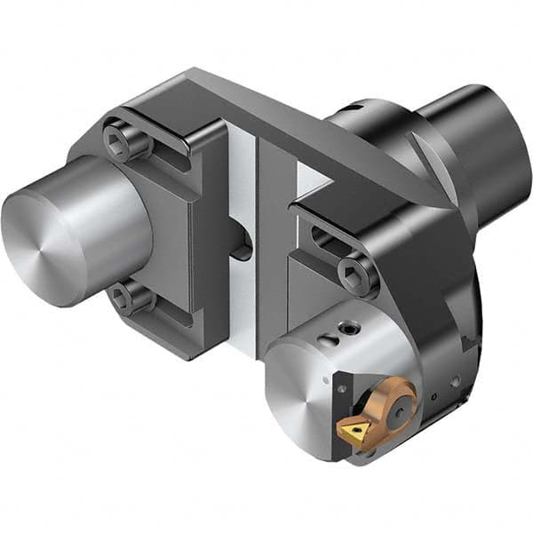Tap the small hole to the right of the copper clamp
click(435, 392)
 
